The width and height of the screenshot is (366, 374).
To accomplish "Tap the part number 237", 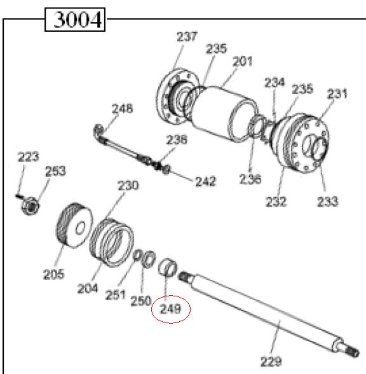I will [x=187, y=38].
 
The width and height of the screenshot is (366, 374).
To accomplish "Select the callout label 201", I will [x=242, y=62].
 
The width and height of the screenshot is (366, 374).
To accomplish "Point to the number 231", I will [x=337, y=93].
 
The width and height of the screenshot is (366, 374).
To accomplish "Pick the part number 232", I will [x=276, y=202].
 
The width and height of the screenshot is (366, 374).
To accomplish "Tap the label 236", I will [x=250, y=179].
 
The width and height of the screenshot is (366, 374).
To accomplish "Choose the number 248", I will [x=122, y=109].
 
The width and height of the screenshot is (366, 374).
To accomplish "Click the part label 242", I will [x=205, y=181].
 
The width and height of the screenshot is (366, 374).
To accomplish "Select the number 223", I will [x=28, y=156].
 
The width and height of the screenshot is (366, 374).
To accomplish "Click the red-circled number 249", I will [x=171, y=309].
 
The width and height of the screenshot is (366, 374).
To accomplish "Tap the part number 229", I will [x=271, y=362].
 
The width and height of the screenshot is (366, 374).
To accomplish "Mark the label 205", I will [x=54, y=274].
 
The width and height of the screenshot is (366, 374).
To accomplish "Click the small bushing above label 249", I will [x=168, y=266].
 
